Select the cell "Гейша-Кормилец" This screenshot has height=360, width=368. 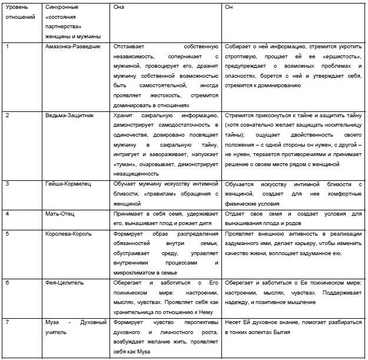coord(66,184)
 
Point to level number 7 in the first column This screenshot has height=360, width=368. coord(6,323)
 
